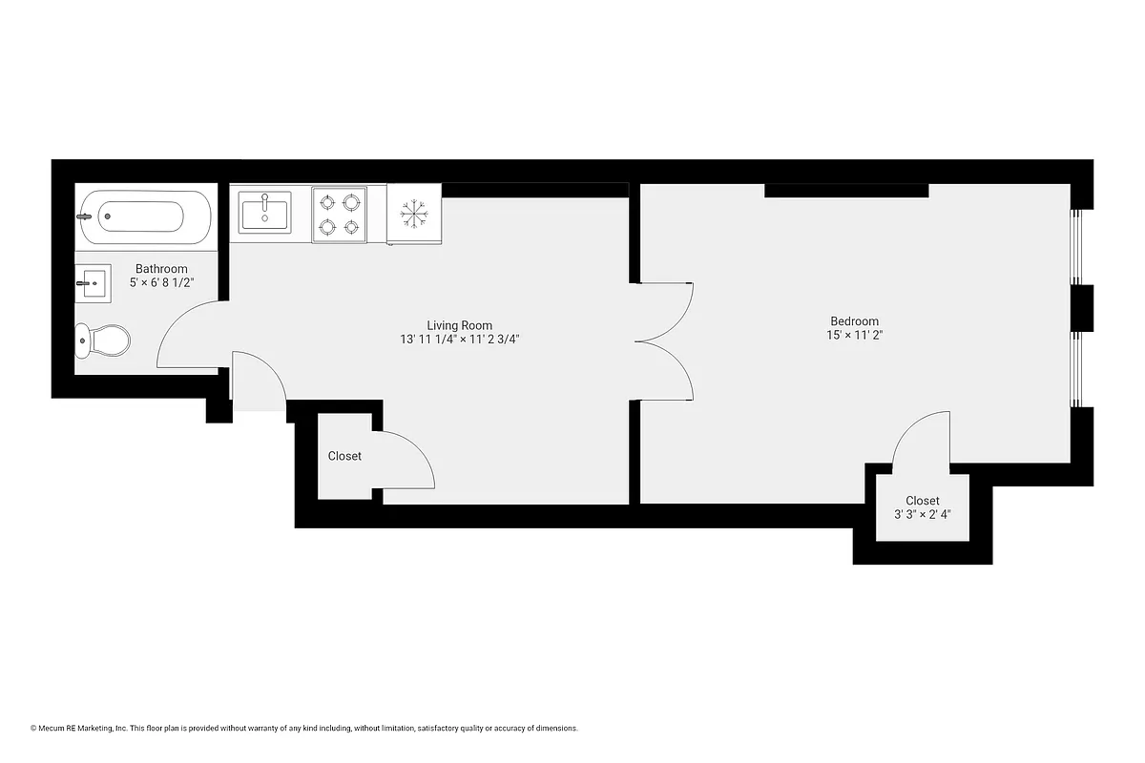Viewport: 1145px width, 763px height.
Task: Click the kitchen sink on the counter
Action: click(x=265, y=212)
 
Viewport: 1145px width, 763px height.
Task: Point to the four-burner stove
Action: click(x=339, y=215)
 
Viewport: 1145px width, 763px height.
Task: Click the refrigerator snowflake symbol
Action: click(x=413, y=215)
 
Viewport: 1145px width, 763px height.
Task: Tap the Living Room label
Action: click(x=459, y=325)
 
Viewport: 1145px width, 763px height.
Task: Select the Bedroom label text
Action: click(x=854, y=321)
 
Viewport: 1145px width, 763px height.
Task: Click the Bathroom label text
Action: click(x=161, y=269)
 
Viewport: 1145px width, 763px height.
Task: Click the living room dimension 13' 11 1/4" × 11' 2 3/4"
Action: click(x=459, y=340)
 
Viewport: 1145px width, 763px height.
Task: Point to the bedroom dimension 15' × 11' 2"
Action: click(x=854, y=336)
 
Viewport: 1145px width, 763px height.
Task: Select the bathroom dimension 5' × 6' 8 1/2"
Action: click(x=161, y=283)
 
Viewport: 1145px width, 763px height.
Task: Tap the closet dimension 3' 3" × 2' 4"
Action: click(x=922, y=515)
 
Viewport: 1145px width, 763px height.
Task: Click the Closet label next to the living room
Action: click(x=344, y=456)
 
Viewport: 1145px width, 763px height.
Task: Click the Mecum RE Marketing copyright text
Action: click(x=304, y=728)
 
